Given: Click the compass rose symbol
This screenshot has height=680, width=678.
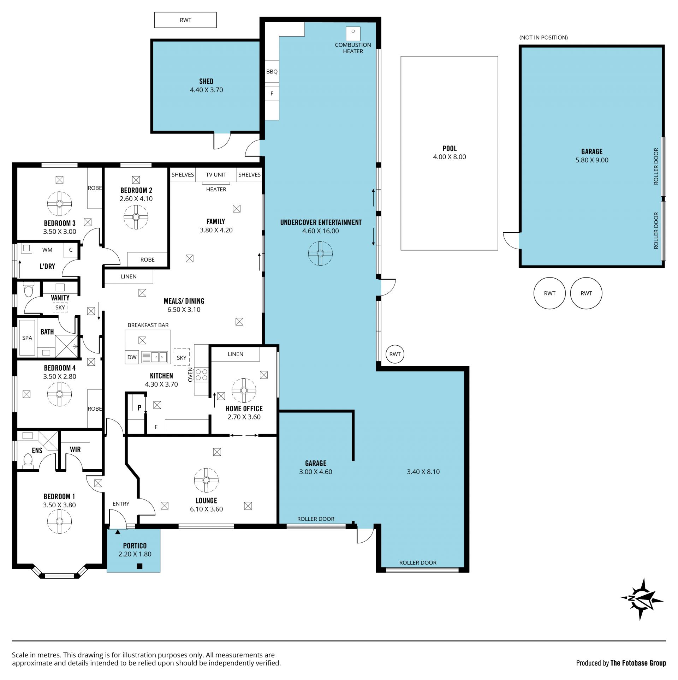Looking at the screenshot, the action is tap(642, 599).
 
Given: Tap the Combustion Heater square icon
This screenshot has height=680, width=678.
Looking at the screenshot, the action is tap(353, 34).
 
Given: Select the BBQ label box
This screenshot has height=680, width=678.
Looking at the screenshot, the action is tap(272, 72).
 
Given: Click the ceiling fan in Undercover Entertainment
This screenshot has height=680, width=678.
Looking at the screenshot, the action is tap(320, 253).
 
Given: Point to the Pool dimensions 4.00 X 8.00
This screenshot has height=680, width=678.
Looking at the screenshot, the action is tap(450, 157).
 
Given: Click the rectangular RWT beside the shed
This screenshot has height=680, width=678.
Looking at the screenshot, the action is tap(185, 20).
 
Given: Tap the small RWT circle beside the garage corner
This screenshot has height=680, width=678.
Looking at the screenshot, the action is tap(395, 354).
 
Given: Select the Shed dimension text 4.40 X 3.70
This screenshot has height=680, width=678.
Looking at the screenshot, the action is tap(207, 90).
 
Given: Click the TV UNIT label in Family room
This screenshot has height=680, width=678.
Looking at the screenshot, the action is tap(216, 174).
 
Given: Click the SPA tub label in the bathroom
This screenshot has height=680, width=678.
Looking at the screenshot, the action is tap(27, 338).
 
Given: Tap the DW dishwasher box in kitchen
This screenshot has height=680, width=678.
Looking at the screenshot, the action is tap(132, 357).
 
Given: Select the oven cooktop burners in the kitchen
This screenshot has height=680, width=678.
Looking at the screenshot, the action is tap(201, 375).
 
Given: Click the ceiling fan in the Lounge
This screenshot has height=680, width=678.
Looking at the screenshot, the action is tap(207, 480).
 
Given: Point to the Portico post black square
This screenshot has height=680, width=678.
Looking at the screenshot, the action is tap(139, 566).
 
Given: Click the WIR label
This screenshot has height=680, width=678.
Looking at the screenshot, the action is tap(75, 449).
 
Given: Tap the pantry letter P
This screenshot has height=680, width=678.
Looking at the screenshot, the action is tap(139, 408).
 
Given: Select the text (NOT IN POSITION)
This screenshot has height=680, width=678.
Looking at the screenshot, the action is tap(543, 37).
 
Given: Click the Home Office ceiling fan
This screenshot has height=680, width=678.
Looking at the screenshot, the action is tap(244, 390).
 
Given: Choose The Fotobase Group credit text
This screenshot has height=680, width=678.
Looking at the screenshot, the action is tap(638, 663).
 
